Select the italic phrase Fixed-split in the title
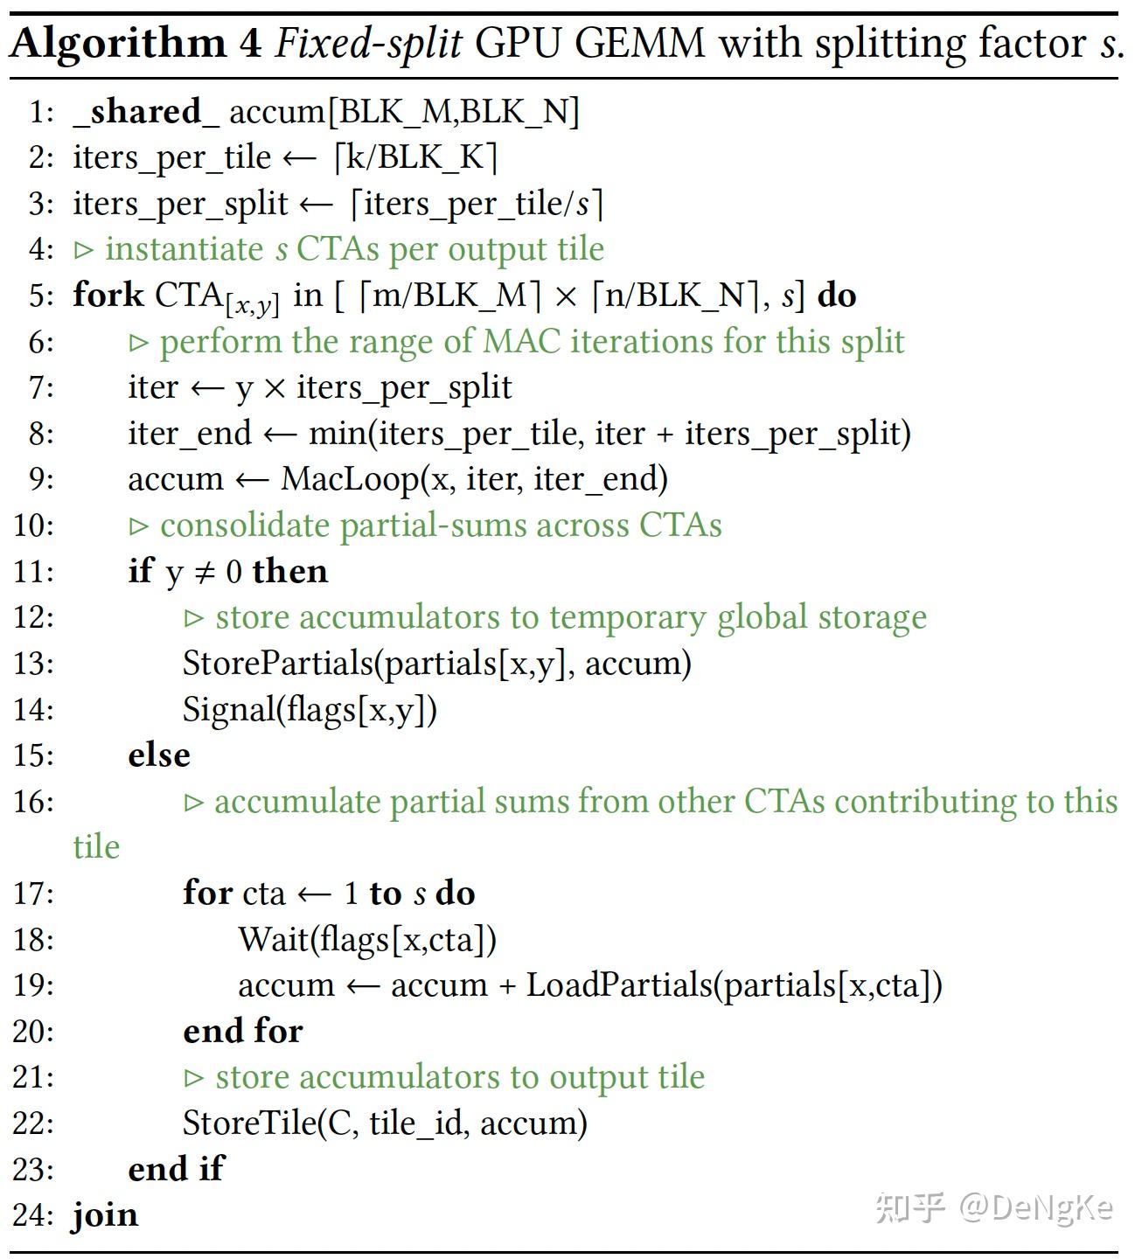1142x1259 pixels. (x=368, y=44)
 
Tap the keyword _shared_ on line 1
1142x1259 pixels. (x=138, y=112)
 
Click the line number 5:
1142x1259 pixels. (x=40, y=296)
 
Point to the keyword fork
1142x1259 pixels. (x=108, y=295)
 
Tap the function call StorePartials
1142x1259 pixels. (x=278, y=663)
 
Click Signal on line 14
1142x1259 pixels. (x=229, y=709)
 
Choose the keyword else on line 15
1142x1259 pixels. (x=158, y=755)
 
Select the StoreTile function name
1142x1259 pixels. (x=249, y=1123)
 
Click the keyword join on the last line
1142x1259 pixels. (x=105, y=1215)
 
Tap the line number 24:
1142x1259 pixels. (x=33, y=1215)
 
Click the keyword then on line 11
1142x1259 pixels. (x=289, y=572)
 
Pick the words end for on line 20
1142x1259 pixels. (x=242, y=1032)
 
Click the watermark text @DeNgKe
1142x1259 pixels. (x=1036, y=1208)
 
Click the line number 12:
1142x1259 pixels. (x=33, y=617)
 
